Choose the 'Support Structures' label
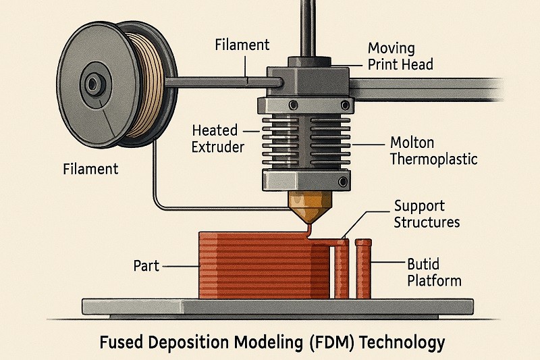click(427, 213)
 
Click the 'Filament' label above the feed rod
click(242, 45)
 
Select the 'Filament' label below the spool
click(91, 168)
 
